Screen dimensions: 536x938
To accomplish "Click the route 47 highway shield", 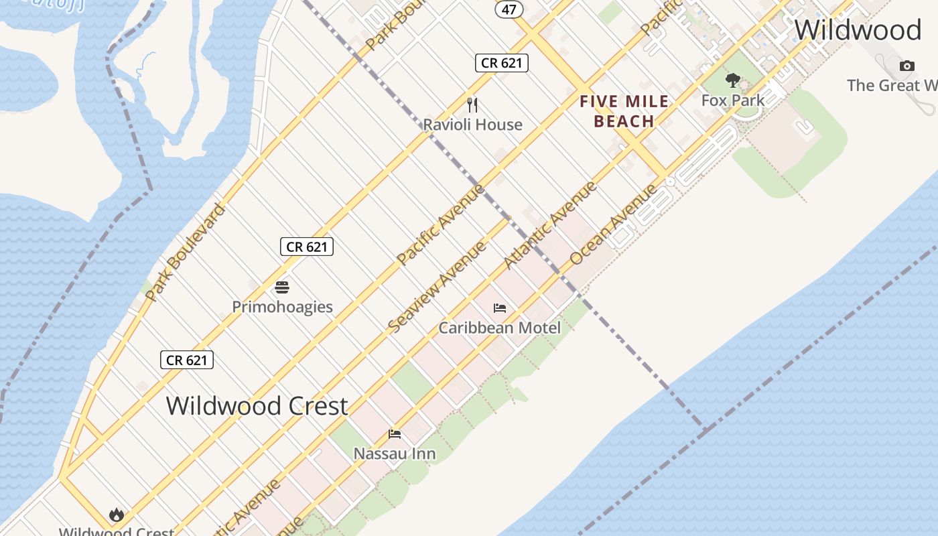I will (509, 9).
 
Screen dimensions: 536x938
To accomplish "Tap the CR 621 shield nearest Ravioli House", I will (502, 63).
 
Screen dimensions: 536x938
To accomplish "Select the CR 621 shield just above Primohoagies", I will (307, 247).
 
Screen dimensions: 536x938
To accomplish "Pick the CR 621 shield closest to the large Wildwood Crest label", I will (187, 360).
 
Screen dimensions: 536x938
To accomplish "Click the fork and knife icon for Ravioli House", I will (472, 105).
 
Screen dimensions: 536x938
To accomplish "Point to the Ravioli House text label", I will (472, 125).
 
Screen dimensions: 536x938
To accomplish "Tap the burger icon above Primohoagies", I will (282, 287).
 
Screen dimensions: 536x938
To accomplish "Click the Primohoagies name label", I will (282, 307).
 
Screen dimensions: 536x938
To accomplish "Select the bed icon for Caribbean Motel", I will (500, 308).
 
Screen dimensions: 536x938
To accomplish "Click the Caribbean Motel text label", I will (499, 328).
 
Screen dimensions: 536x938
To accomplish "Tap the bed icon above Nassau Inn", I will (395, 434).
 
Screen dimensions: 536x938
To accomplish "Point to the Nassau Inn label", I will (395, 454).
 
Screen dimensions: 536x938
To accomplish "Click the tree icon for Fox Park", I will (733, 80).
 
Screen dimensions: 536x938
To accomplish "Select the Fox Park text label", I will (733, 100).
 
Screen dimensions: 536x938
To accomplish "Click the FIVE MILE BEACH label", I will (624, 111).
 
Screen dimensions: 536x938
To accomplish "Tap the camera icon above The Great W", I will (907, 66).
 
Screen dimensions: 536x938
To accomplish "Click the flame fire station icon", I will (117, 515).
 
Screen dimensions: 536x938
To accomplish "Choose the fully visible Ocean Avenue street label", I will (614, 224).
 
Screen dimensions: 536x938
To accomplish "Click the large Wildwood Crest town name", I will (257, 406).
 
